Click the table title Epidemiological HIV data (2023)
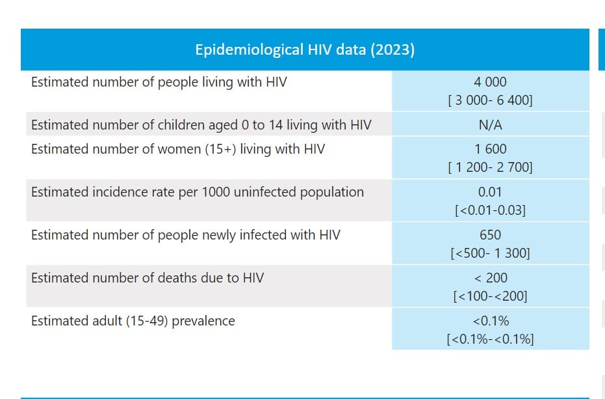click(x=305, y=49)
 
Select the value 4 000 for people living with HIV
click(x=490, y=83)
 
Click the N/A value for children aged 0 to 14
click(x=490, y=125)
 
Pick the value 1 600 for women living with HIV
click(x=490, y=149)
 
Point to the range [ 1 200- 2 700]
click(x=490, y=168)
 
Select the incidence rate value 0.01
click(x=490, y=192)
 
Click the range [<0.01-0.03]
click(x=490, y=211)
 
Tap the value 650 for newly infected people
click(x=490, y=235)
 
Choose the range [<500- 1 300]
click(x=490, y=254)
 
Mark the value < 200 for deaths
click(x=490, y=278)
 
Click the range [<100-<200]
click(x=490, y=297)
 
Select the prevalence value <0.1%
click(x=490, y=321)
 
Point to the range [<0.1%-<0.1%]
click(x=490, y=340)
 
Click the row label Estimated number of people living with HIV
click(x=159, y=82)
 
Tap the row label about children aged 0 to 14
click(x=201, y=125)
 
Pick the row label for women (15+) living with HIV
click(x=177, y=149)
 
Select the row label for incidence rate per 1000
click(x=197, y=192)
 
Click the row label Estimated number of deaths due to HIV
click(x=148, y=278)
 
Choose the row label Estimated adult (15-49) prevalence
click(x=133, y=321)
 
